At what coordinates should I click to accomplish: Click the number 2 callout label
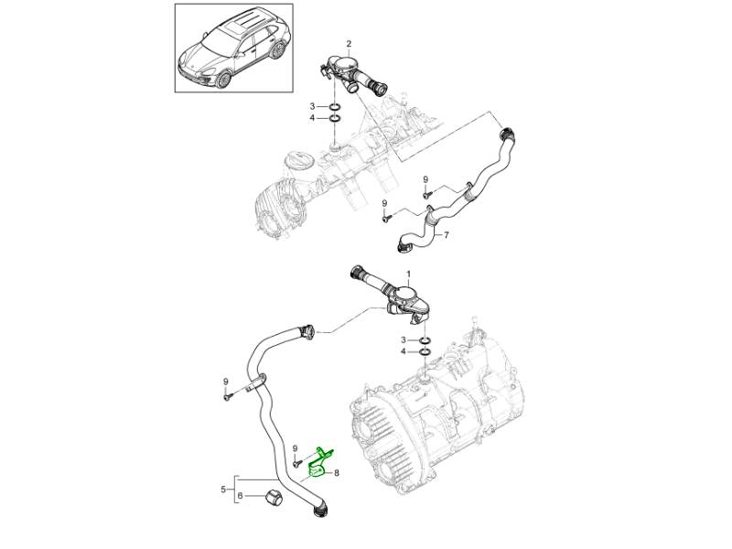coord(349,44)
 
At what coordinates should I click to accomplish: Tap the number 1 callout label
coord(408,273)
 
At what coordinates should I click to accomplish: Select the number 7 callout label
coord(447,235)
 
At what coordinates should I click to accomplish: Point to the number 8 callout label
coord(336,473)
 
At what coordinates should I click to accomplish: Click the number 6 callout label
coord(241,496)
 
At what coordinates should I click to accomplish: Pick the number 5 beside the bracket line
coord(223,490)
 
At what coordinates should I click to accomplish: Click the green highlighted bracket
coord(320,464)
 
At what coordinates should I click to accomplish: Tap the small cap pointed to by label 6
coord(273,497)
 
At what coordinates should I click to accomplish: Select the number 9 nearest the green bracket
coord(295,448)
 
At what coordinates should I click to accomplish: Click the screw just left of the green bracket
coord(297,463)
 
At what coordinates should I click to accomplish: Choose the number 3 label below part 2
coord(312,106)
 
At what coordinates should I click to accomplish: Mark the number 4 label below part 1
coord(404,351)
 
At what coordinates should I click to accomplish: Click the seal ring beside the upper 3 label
coord(335,106)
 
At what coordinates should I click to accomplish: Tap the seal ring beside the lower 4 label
coord(425,351)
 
